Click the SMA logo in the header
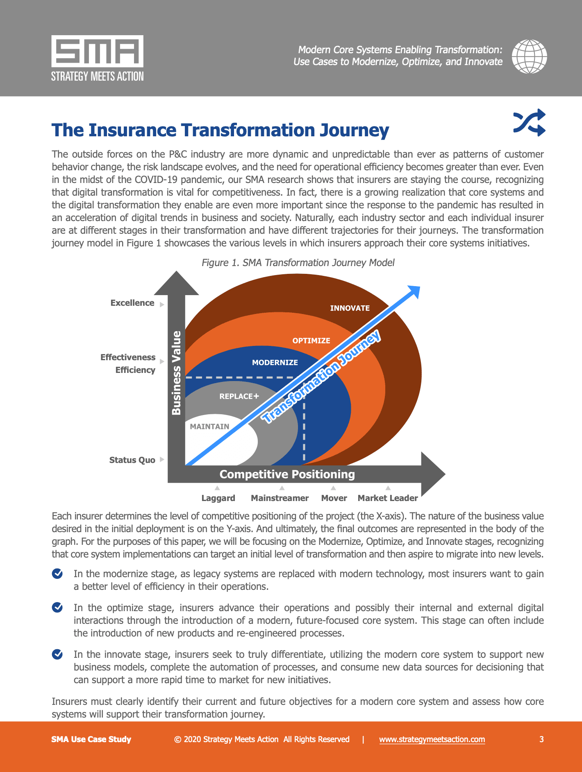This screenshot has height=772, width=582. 98,58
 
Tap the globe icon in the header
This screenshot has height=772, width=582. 530,56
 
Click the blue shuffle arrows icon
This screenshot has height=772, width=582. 530,122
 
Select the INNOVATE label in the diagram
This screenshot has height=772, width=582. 350,308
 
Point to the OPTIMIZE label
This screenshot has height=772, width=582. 311,341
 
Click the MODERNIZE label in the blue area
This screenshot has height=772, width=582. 275,363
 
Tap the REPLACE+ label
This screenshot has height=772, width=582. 239,396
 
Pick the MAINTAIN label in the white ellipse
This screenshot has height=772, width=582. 209,427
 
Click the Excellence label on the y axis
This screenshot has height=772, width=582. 132,303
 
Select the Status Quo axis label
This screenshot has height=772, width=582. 132,460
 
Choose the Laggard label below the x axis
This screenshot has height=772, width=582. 218,498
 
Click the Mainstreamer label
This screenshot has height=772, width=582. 280,498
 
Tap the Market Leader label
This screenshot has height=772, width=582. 388,498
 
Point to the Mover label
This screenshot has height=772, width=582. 334,498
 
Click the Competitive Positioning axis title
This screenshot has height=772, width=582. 287,474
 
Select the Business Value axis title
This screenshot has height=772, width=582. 176,373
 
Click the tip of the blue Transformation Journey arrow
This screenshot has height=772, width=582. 420,286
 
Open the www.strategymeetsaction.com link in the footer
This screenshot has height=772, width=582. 432,739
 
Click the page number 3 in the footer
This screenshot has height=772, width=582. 541,739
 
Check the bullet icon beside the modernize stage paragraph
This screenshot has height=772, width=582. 57,574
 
